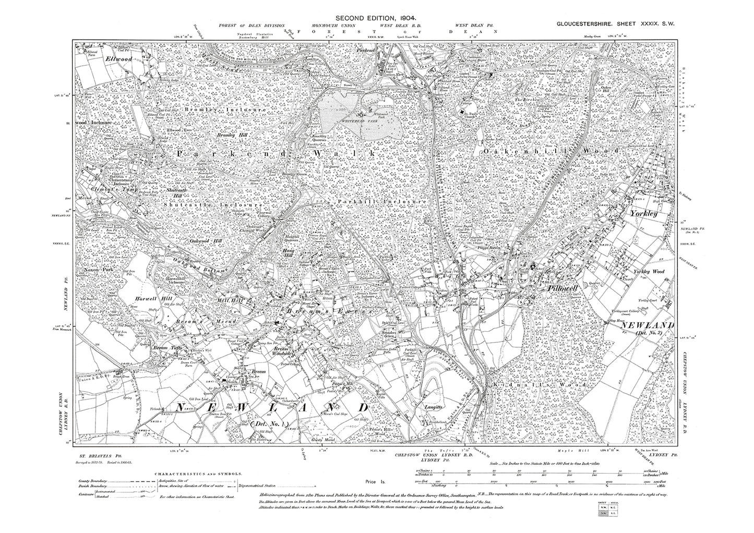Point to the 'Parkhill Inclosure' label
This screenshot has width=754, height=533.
tap(381, 201)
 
